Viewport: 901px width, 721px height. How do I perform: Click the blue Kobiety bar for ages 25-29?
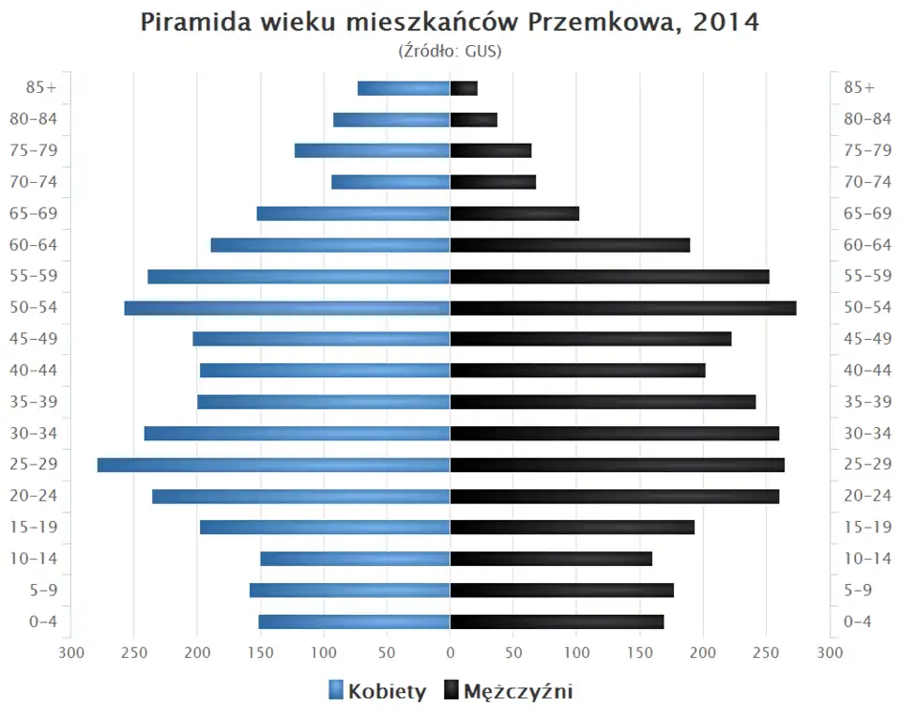click(273, 465)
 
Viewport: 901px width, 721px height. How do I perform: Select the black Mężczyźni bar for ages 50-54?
click(623, 308)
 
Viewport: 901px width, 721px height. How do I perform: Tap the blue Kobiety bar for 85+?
click(404, 88)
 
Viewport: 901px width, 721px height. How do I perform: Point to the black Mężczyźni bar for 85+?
click(464, 88)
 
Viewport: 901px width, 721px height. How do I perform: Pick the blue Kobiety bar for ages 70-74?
click(390, 182)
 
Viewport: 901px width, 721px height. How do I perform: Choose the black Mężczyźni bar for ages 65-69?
click(514, 213)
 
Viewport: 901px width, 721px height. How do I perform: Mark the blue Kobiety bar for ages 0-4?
click(354, 621)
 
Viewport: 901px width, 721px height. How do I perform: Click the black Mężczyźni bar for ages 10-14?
click(551, 559)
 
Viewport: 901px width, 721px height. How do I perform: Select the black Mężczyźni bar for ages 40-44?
click(577, 370)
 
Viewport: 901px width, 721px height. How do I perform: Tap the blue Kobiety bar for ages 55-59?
click(298, 276)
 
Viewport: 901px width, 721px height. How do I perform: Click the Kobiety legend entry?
click(377, 692)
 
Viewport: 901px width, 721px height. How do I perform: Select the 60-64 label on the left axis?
click(35, 245)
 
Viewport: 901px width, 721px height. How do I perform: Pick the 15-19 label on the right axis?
click(867, 527)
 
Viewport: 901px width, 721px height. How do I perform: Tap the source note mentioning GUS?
click(450, 51)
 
